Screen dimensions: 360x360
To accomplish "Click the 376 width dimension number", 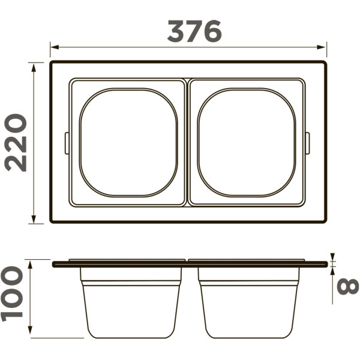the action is click(194, 31).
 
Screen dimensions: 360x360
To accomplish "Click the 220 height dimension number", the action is click(16, 143).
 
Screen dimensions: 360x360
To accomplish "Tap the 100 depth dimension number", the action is click(12, 294).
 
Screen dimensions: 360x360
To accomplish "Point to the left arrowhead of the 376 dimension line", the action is click(55, 47).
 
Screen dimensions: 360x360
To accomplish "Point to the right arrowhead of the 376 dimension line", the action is click(321, 47).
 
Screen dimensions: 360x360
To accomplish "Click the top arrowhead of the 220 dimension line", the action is click(34, 68).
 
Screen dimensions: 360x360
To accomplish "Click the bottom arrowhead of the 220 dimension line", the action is click(34, 219).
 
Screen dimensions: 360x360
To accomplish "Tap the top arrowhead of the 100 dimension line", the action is click(30, 265).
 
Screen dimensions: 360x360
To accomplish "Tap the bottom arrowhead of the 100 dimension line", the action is click(30, 330).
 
